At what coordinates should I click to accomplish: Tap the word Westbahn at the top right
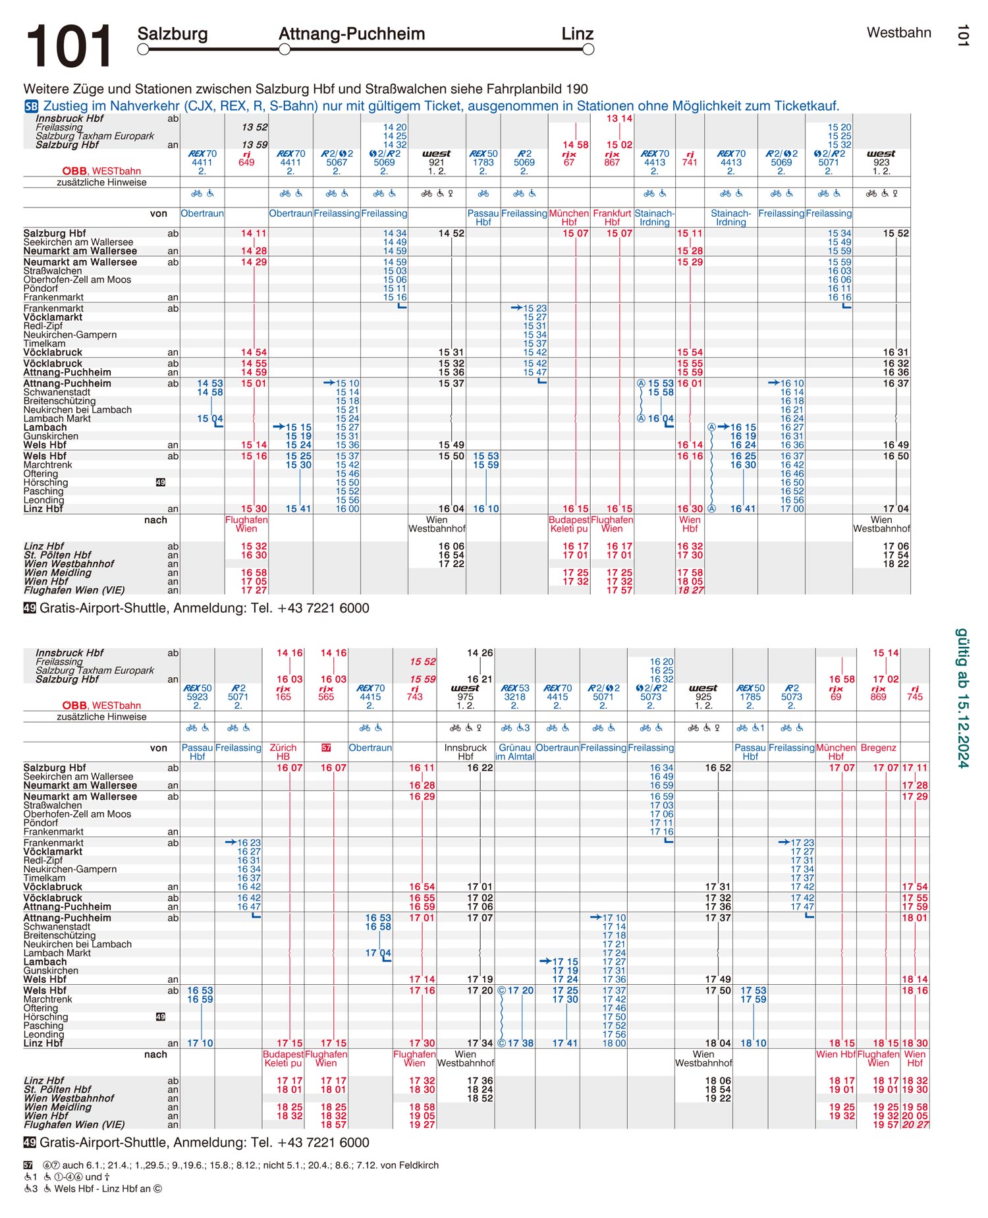898,33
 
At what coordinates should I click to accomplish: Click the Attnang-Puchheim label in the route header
352,34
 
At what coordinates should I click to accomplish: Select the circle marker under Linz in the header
588,49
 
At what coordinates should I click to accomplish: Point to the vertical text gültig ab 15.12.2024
962,698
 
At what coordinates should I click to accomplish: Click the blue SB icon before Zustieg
31,106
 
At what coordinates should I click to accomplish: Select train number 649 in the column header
246,163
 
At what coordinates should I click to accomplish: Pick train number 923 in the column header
881,163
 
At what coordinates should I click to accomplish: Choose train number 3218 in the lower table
514,697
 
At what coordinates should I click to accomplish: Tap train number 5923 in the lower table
197,697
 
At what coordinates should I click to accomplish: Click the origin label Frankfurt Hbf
612,218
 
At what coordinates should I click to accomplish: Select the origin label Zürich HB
283,752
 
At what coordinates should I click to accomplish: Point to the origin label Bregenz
878,748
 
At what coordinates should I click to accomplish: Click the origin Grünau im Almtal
514,752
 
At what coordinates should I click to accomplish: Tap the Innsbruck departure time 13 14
619,119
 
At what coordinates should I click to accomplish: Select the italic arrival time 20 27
915,1124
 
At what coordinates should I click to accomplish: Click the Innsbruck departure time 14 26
480,653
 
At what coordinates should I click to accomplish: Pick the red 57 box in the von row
326,748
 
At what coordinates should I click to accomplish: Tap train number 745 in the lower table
915,697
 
